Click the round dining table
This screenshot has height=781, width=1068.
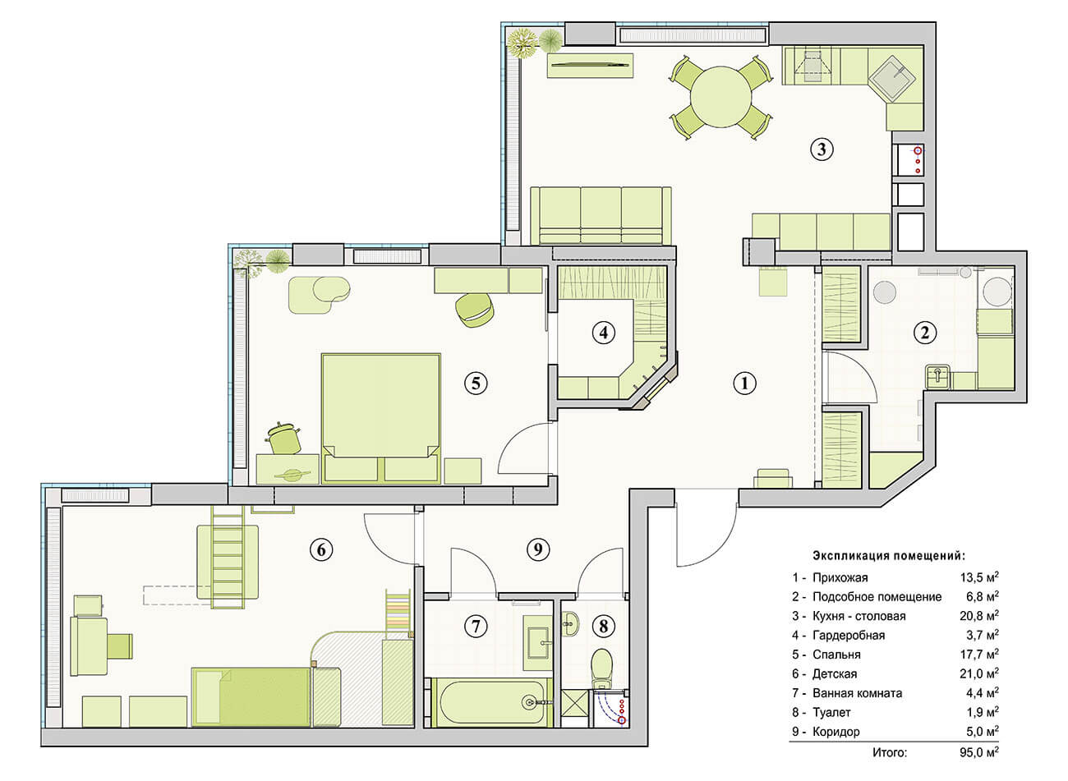(x=720, y=97)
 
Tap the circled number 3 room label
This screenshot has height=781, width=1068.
(x=822, y=149)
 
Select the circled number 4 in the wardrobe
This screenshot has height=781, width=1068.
(x=604, y=332)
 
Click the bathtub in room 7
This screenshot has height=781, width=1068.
(x=492, y=702)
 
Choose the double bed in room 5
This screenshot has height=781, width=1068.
(x=381, y=418)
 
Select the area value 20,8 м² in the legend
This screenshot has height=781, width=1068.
(x=979, y=616)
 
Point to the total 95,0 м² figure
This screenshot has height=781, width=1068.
(x=979, y=753)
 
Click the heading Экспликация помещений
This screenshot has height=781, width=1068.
(x=889, y=556)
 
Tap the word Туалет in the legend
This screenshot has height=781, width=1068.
(x=831, y=712)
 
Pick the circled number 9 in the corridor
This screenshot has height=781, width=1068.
(x=538, y=549)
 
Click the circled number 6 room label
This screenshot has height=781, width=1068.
(x=321, y=549)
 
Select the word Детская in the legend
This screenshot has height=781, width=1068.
(x=835, y=673)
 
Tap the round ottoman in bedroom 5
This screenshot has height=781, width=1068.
(x=474, y=310)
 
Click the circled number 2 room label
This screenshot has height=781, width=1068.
(x=924, y=332)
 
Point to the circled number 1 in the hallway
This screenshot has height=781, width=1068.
(x=744, y=383)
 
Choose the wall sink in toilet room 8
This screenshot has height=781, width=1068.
(x=570, y=624)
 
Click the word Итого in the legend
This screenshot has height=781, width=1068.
(x=890, y=753)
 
